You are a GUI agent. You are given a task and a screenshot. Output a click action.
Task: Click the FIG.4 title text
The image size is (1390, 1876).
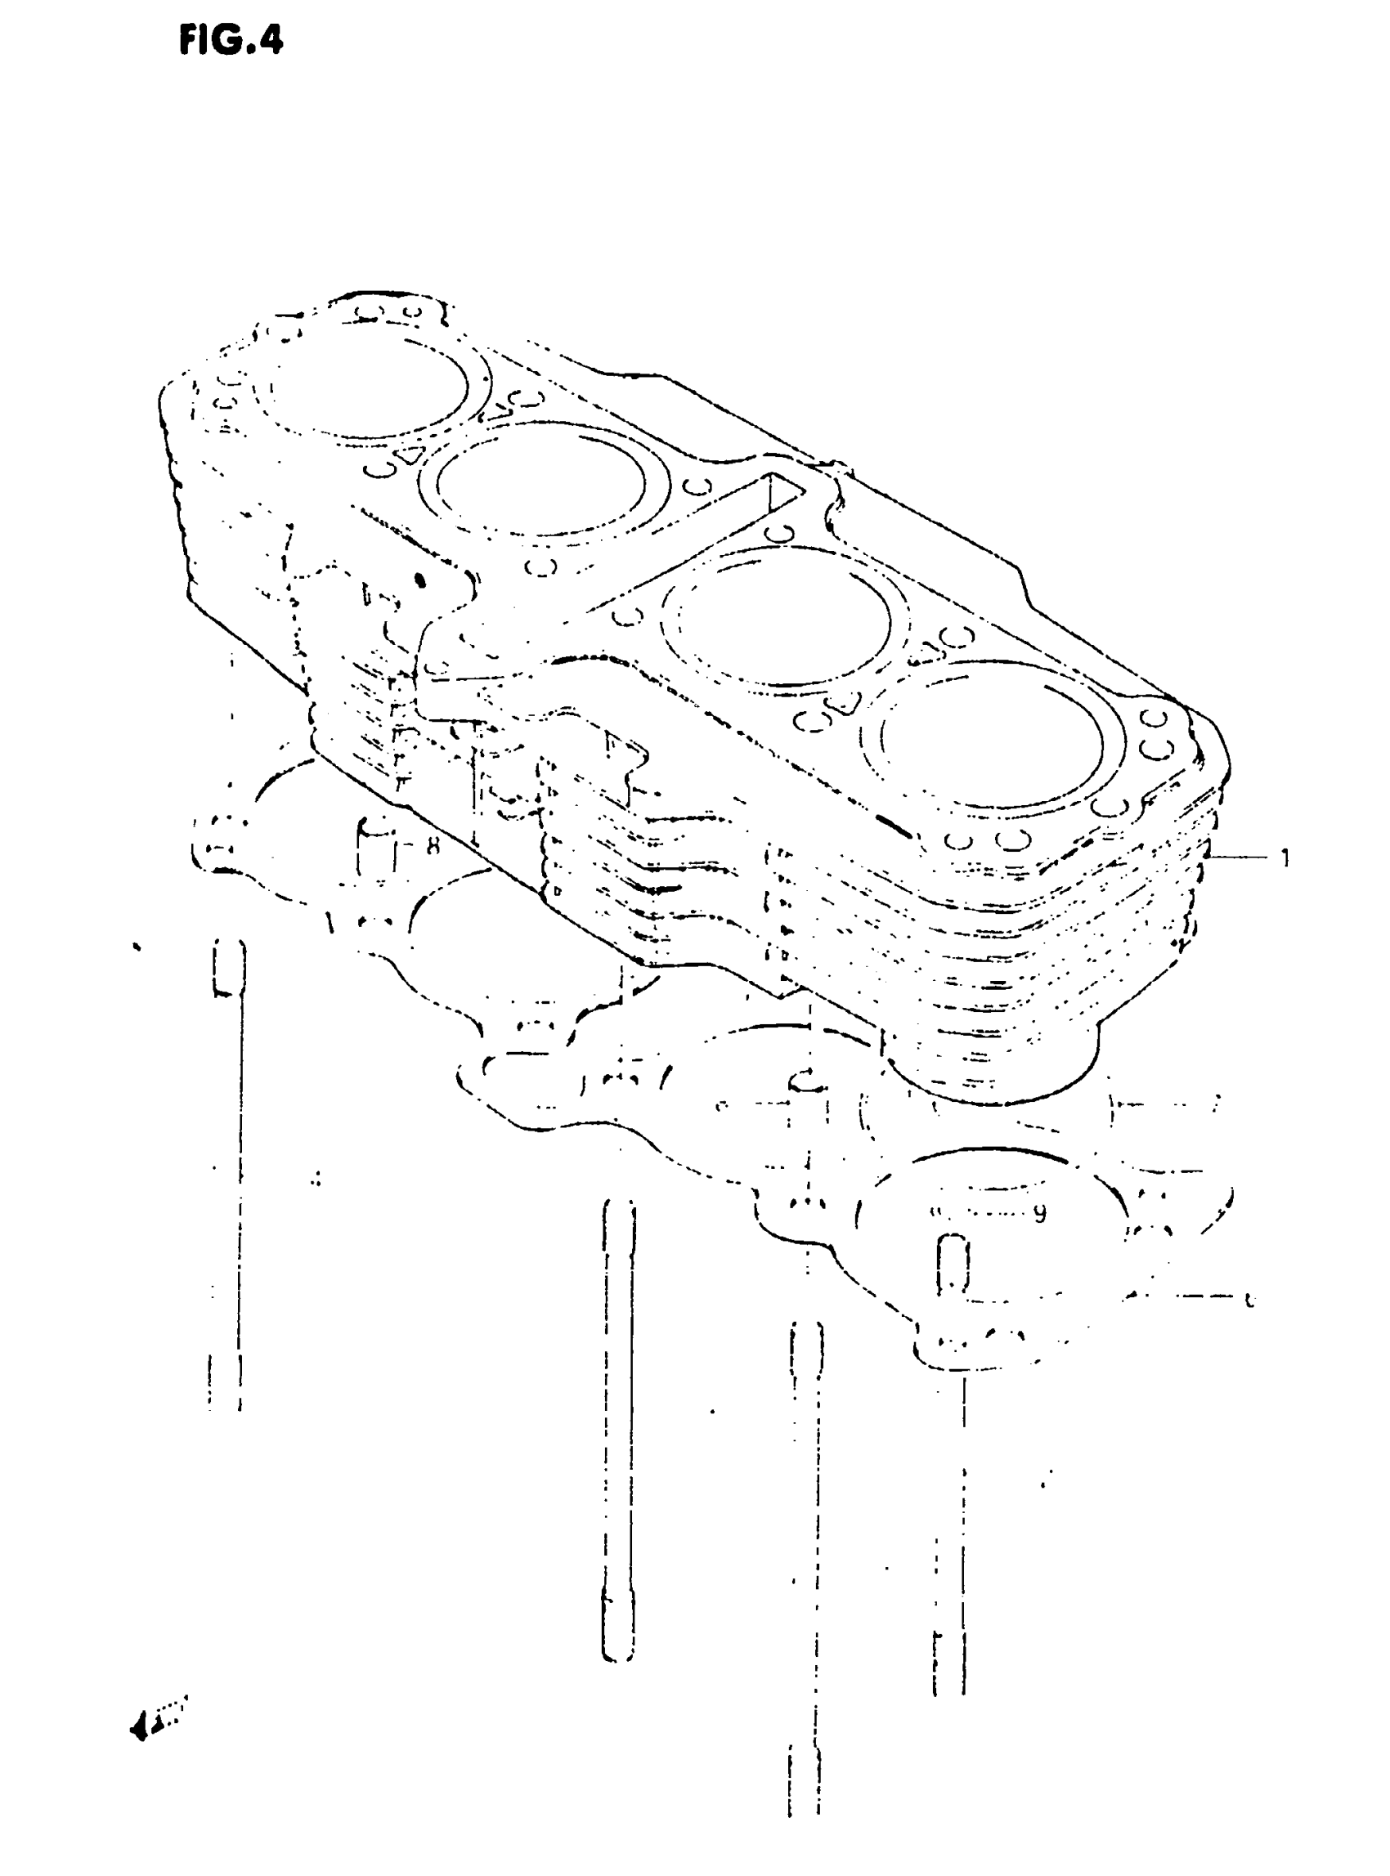[231, 39]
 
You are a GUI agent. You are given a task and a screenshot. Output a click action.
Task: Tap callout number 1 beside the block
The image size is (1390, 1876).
[1284, 858]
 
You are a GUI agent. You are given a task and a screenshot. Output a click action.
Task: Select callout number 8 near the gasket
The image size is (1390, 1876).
[433, 844]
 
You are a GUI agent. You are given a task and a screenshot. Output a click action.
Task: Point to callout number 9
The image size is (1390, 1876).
[1040, 1213]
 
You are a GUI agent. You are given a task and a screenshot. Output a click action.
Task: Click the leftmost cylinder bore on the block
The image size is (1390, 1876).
[368, 387]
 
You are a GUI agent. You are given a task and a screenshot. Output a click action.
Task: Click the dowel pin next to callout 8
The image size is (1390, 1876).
[378, 849]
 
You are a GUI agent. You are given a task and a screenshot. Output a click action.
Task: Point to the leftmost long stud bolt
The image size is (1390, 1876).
[228, 1178]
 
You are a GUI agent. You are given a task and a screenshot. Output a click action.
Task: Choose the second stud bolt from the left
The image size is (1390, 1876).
[618, 1431]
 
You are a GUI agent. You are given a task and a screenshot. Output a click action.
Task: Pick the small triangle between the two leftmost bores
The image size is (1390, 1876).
[410, 455]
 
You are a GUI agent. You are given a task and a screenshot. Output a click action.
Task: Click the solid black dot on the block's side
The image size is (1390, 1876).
[421, 580]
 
